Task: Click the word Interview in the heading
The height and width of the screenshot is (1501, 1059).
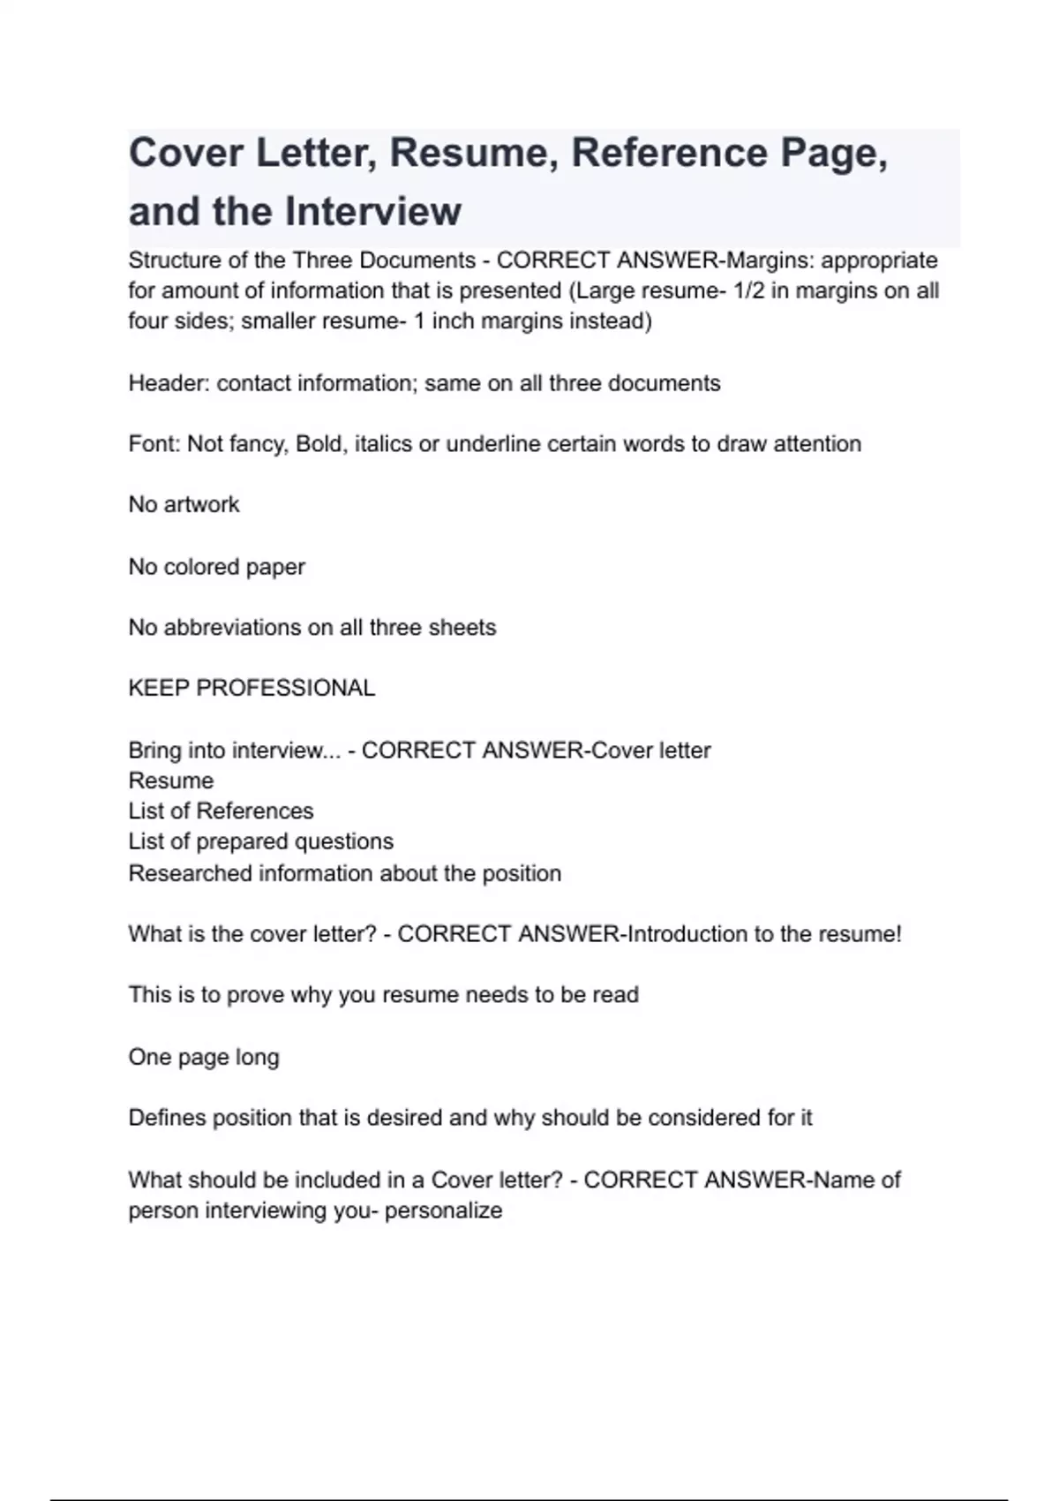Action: tap(372, 212)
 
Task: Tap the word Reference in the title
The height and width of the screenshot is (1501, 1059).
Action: tap(669, 153)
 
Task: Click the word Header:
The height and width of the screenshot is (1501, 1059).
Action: tap(169, 383)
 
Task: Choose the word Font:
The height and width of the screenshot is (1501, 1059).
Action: tap(154, 443)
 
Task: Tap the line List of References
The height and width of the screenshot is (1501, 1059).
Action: tap(221, 811)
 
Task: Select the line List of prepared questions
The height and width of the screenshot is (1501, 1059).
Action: tap(260, 841)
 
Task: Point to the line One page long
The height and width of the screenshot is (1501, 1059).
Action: tap(204, 1057)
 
